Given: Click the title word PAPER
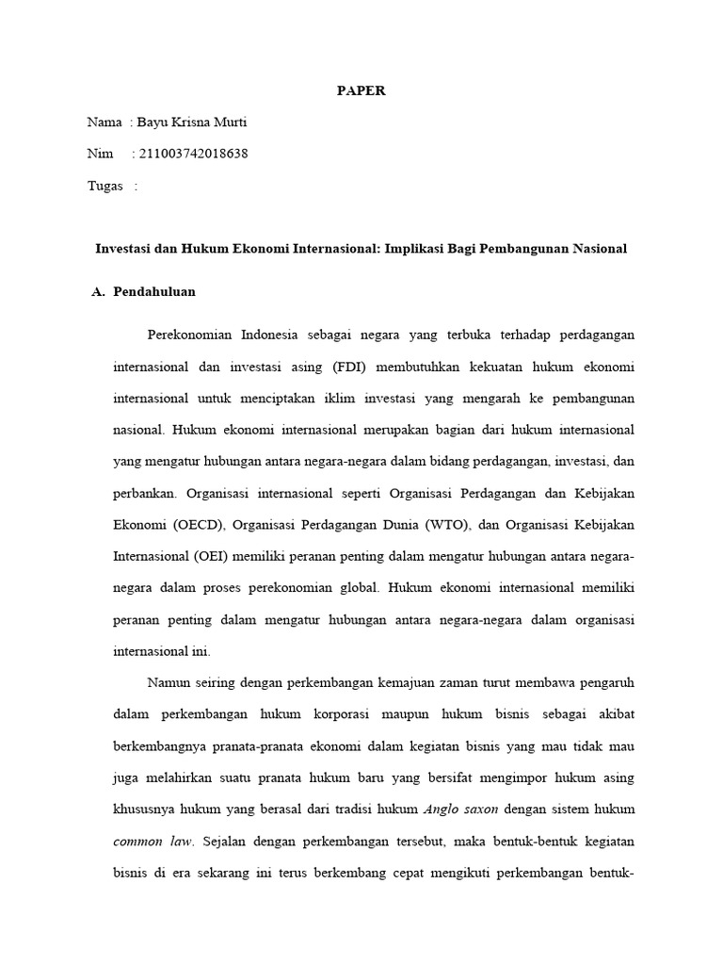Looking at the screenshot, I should (x=361, y=91).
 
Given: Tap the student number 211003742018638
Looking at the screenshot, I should (x=193, y=154).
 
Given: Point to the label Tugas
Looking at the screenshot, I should (x=105, y=186).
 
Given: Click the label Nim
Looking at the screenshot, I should (x=99, y=154).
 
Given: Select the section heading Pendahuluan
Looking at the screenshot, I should (x=154, y=292).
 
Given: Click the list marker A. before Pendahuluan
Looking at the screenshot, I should (x=98, y=292).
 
